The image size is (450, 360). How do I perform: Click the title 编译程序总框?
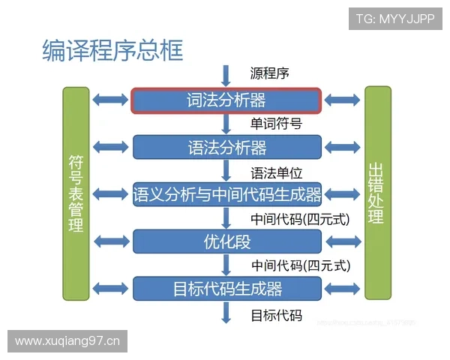point(112,50)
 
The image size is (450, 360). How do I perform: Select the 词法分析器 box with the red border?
point(226,100)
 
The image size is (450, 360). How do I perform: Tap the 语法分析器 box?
point(226,146)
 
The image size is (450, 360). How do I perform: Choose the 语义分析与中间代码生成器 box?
point(226,195)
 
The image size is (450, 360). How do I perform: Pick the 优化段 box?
point(226,241)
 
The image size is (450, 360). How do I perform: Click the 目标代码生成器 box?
point(226,288)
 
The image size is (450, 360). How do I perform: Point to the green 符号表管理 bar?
point(76,193)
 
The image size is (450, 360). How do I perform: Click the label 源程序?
point(269,73)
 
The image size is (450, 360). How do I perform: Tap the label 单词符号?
point(276,124)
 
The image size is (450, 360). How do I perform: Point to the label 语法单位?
point(276,172)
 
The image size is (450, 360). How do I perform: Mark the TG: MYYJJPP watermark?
point(395,17)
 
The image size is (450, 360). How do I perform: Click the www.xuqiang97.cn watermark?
point(67,341)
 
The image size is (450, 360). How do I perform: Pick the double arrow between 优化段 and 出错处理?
point(343,241)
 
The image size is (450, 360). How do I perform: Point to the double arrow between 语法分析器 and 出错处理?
point(343,146)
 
